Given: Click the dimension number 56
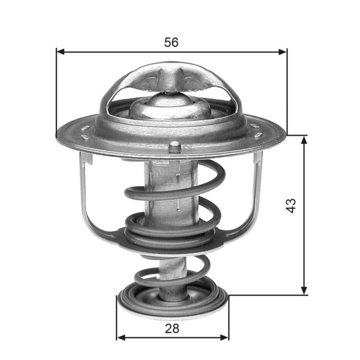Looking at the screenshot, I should tap(171, 42).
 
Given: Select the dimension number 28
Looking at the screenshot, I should tap(172, 328).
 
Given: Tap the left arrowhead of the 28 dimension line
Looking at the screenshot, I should tap(121, 337).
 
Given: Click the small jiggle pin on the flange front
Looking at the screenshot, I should tap(174, 147).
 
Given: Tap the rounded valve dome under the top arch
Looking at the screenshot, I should tap(170, 105).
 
